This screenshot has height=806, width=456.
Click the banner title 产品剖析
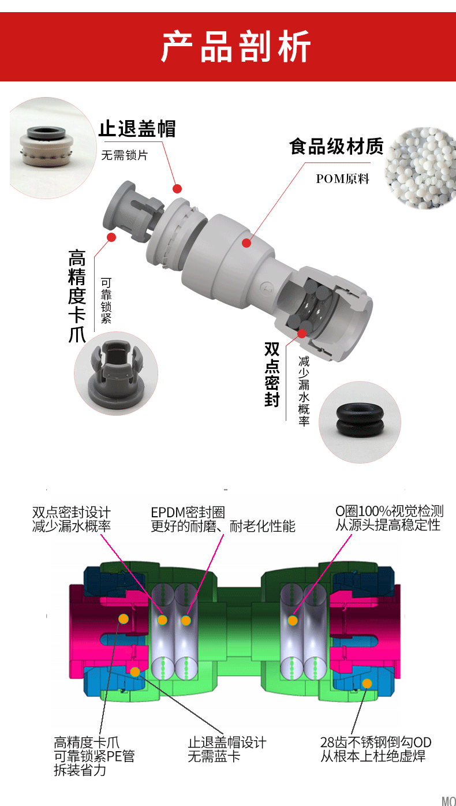click(x=236, y=47)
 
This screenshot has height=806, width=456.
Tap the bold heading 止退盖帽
click(x=137, y=129)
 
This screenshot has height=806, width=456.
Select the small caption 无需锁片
click(x=125, y=155)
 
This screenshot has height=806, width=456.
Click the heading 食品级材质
click(x=337, y=147)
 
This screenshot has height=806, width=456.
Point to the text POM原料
click(x=343, y=179)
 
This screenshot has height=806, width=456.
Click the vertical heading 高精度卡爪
click(x=77, y=296)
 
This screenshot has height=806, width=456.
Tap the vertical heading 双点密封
click(x=272, y=374)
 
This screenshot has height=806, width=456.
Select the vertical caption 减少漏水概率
click(x=304, y=391)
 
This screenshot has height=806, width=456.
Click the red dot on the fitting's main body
click(x=246, y=243)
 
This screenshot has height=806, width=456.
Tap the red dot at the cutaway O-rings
click(x=302, y=334)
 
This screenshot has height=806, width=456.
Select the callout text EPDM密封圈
click(x=188, y=512)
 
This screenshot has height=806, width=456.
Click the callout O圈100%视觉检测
click(x=390, y=511)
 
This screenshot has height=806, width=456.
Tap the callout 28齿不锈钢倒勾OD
click(x=376, y=742)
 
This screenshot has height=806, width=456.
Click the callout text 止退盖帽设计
click(x=227, y=742)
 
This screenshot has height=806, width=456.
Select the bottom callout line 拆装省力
click(x=80, y=770)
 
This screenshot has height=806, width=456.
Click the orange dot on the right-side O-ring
click(x=293, y=620)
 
